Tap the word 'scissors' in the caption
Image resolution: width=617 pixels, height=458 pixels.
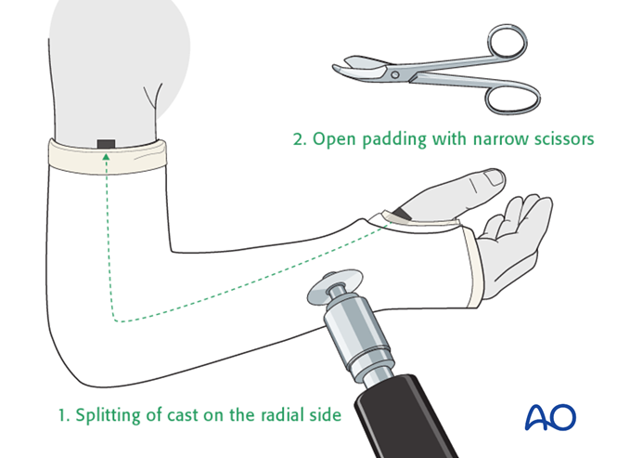559,140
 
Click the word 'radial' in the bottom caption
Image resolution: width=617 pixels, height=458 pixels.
283,413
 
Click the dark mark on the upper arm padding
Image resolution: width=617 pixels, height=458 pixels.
106,143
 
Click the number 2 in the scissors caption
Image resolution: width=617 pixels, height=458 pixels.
299,140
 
